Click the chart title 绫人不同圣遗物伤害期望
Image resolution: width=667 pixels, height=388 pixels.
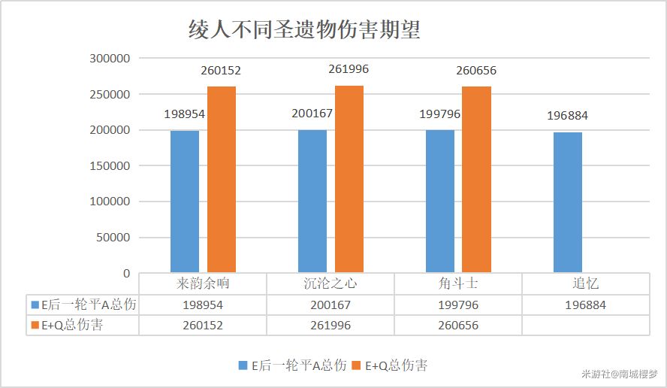tap(303, 30)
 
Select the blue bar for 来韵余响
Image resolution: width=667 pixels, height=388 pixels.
tap(185, 202)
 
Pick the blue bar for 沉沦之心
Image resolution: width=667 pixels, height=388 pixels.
tap(312, 201)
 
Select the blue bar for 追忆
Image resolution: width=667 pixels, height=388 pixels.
tap(568, 202)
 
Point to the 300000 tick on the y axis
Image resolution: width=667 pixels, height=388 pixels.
tap(110, 59)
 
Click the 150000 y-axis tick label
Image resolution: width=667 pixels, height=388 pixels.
tap(110, 166)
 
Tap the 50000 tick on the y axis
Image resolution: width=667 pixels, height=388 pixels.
tap(113, 238)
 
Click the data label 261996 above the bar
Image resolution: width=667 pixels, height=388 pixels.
tap(349, 69)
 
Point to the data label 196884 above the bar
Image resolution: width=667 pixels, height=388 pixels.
tap(568, 116)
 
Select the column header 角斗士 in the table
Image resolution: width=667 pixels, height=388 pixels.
tap(458, 284)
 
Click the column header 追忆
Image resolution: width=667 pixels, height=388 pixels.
tap(586, 284)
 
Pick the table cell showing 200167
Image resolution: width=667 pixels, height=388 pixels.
tap(330, 305)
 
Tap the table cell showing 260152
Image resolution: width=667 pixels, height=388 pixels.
tap(203, 326)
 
